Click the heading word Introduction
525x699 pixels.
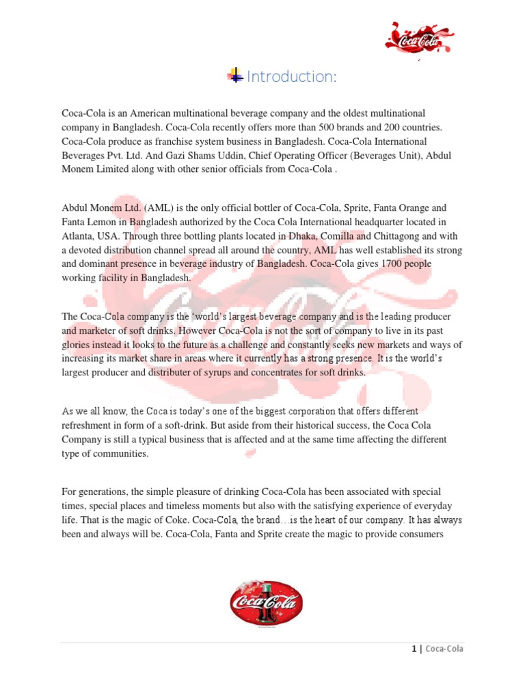(x=291, y=77)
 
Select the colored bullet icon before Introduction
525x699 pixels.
(x=235, y=76)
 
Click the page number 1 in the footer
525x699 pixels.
(x=414, y=649)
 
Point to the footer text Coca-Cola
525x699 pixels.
(x=444, y=649)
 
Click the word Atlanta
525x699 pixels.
(x=77, y=236)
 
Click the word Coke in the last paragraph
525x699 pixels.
(x=180, y=519)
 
